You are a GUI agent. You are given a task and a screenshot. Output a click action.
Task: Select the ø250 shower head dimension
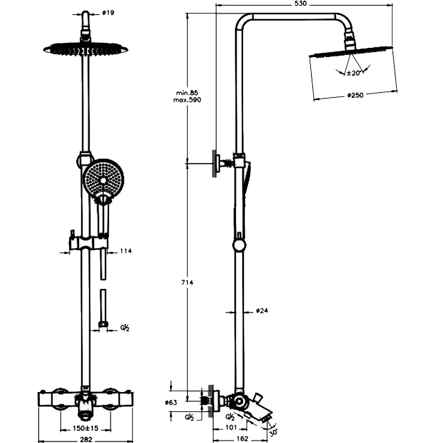[355, 95]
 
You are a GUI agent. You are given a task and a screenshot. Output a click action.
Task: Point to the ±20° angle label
[354, 73]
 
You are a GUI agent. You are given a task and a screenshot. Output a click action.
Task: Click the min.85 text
[187, 93]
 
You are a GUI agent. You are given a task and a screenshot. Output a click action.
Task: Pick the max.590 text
[187, 101]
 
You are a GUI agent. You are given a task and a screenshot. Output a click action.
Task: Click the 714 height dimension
[187, 282]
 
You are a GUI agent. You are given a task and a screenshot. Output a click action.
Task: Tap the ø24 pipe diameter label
[262, 311]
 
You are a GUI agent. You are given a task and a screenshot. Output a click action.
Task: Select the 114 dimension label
[126, 251]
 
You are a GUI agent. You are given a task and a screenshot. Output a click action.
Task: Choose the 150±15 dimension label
[85, 428]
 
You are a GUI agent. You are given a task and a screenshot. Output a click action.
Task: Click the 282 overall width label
[86, 439]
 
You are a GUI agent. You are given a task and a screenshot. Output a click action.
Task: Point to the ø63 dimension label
[171, 403]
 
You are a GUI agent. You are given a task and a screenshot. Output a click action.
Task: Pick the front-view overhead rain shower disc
[85, 49]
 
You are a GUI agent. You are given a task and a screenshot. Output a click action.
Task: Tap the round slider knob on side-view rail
[239, 245]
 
